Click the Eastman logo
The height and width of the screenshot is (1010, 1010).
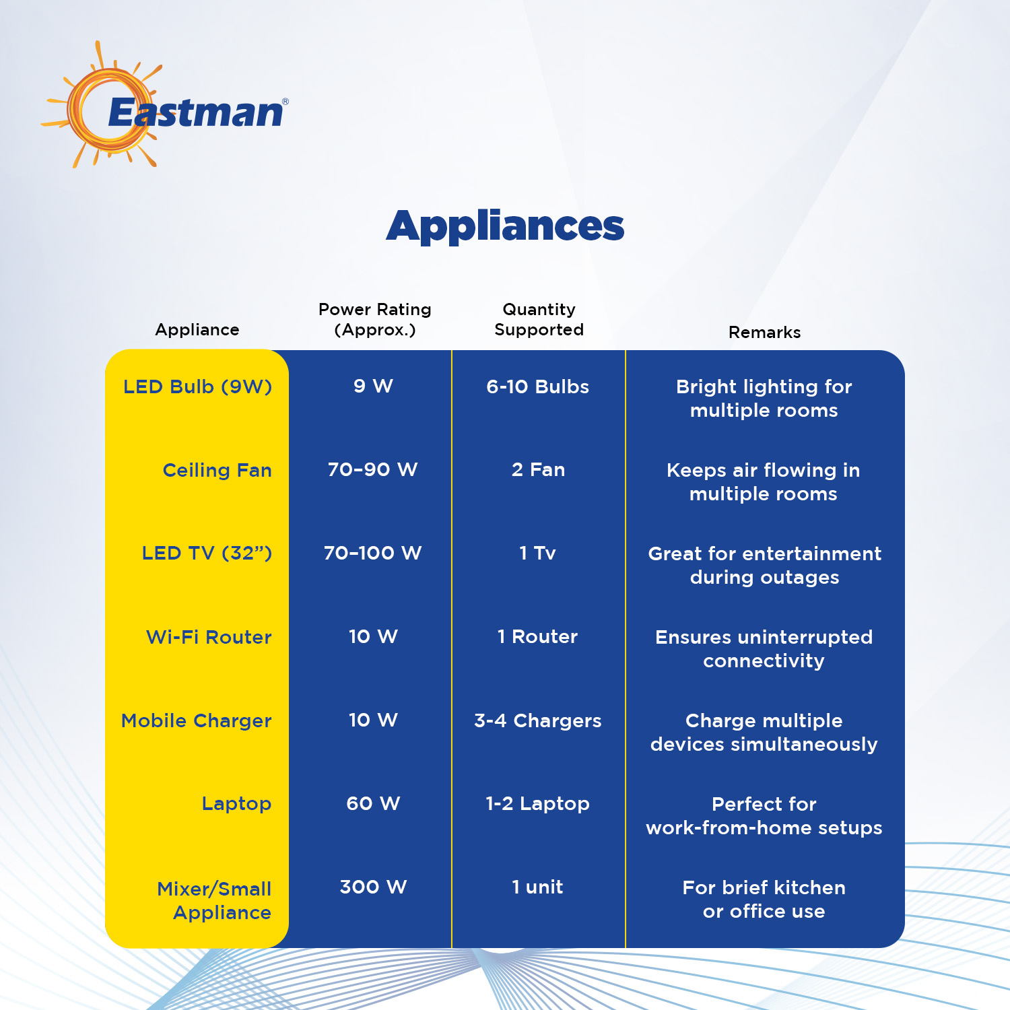165,105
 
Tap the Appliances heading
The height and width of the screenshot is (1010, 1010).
505,227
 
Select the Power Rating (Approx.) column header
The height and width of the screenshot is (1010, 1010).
375,320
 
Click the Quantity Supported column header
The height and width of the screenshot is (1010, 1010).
539,320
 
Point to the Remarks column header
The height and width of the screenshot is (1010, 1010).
764,333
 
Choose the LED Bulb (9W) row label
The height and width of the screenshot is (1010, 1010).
197,387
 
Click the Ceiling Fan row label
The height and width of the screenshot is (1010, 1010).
217,470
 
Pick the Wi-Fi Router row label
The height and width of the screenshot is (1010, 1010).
209,637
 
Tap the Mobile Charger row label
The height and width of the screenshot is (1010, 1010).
196,721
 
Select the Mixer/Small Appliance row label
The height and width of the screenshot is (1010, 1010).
214,901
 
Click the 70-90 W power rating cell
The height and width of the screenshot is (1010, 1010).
372,469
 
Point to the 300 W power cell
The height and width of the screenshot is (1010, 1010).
373,887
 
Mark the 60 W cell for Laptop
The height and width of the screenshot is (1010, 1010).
373,803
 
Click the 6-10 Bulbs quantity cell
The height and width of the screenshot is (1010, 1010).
537,386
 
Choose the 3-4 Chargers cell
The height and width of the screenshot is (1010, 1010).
537,721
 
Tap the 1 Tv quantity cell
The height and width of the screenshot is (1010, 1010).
537,553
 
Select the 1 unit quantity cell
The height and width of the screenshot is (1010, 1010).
537,887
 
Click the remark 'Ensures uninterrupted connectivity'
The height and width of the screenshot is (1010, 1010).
764,649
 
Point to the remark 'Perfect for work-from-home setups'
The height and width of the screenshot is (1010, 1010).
764,816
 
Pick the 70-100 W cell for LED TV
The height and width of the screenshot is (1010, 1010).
372,553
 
